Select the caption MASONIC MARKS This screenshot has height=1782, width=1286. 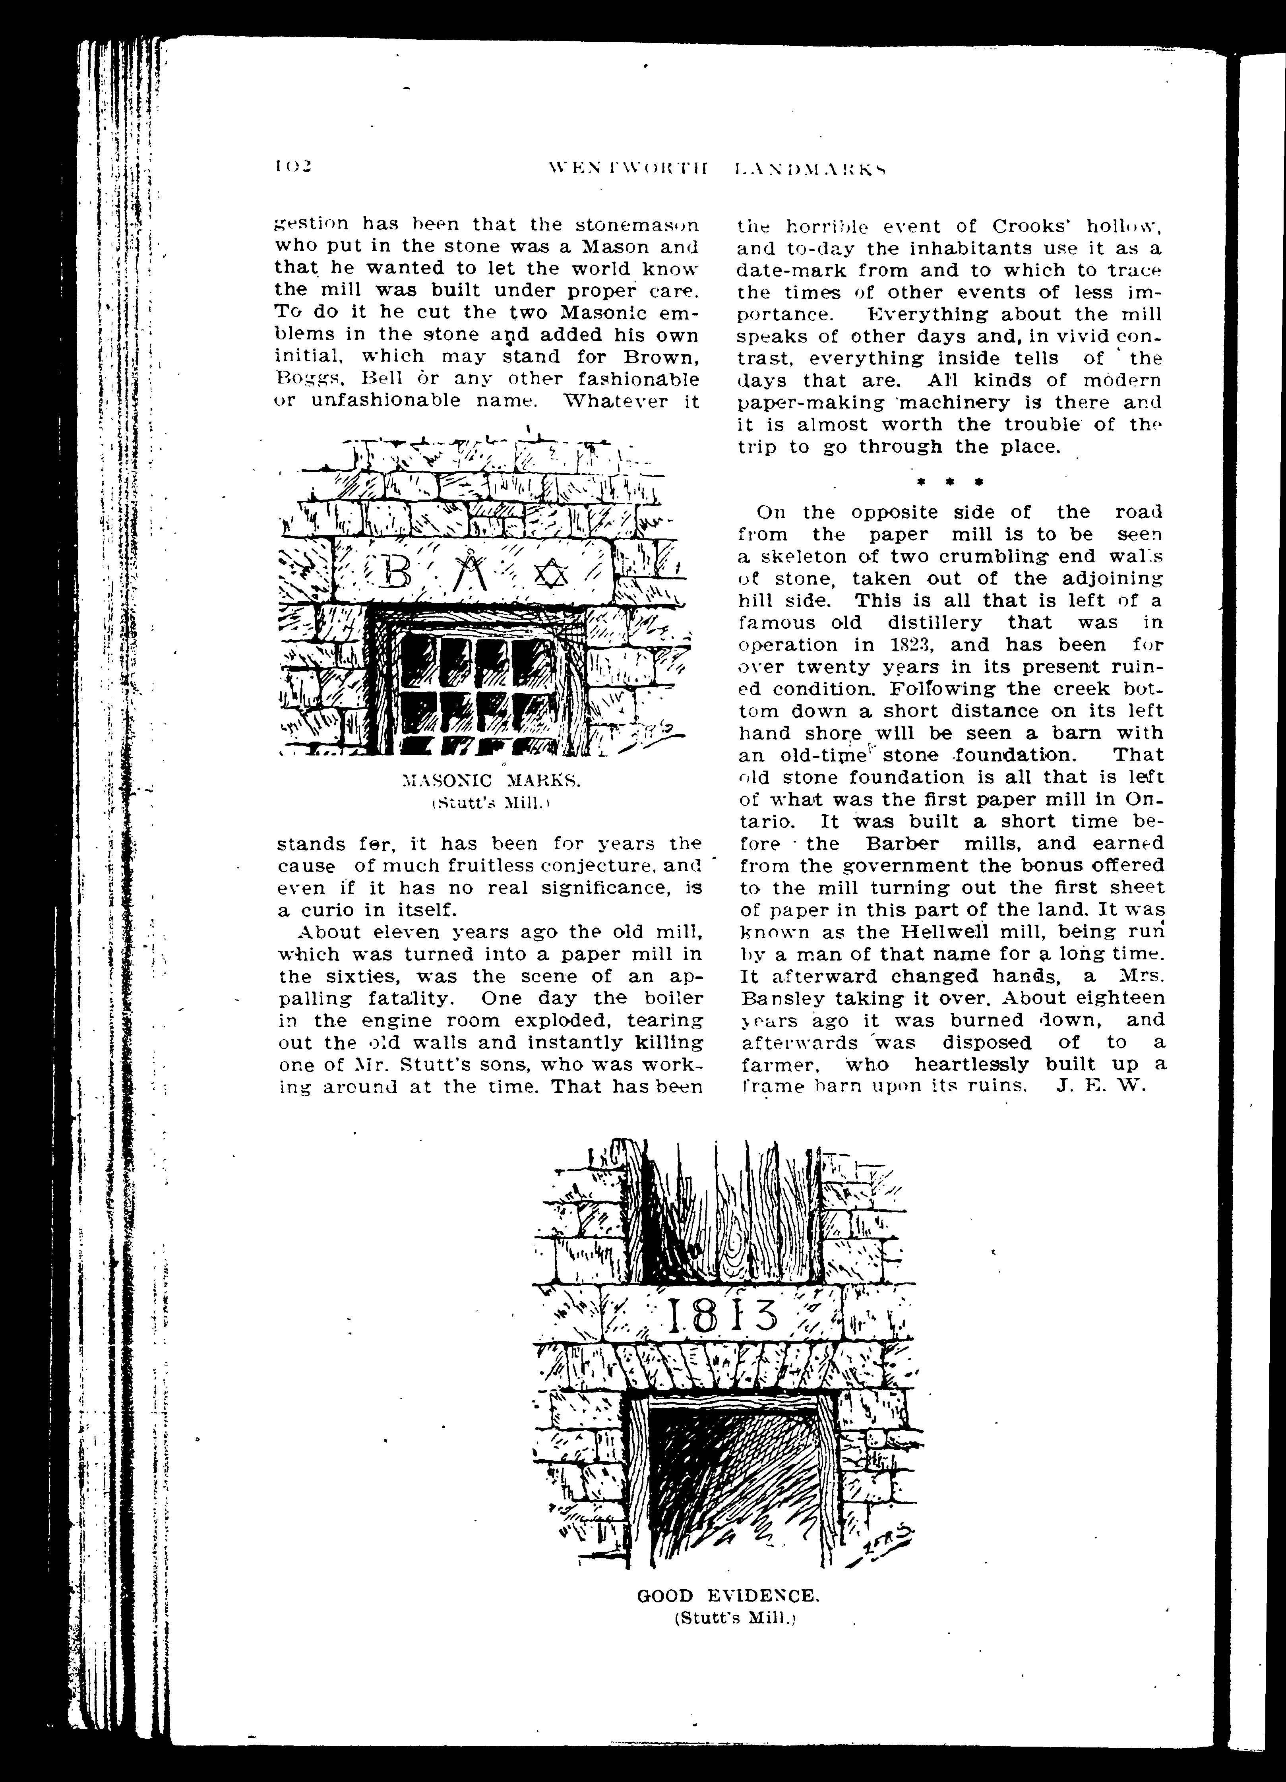pos(490,780)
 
